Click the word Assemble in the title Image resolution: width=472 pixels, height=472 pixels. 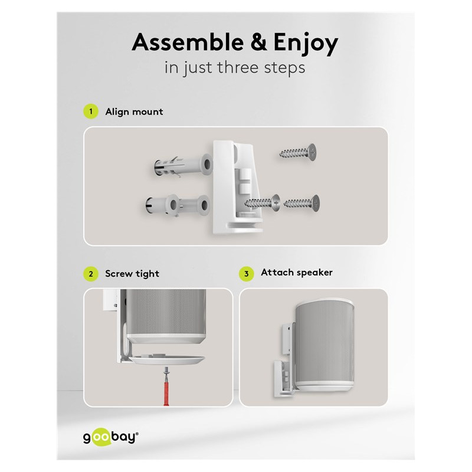click(188, 42)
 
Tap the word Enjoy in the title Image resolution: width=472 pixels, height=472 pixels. click(306, 44)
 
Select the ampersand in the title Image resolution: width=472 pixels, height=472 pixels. click(258, 42)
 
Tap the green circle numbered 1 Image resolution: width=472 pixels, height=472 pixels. click(91, 112)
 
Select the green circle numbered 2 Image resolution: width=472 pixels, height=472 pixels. click(91, 274)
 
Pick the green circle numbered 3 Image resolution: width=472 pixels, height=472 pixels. click(246, 274)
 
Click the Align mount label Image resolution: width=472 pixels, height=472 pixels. click(134, 112)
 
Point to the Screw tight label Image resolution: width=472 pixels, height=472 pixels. click(132, 274)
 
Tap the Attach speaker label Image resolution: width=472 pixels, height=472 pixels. click(297, 273)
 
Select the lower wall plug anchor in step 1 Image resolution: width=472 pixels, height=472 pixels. click(178, 205)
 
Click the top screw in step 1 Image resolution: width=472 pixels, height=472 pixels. click(298, 152)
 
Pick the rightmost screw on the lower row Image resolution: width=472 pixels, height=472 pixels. click(301, 203)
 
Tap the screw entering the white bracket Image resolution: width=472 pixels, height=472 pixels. click(262, 202)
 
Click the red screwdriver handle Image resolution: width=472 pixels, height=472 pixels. click(166, 391)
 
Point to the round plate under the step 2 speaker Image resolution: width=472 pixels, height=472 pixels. click(166, 359)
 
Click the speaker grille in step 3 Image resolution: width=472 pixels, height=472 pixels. click(324, 344)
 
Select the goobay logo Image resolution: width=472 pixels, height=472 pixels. click(111, 437)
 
